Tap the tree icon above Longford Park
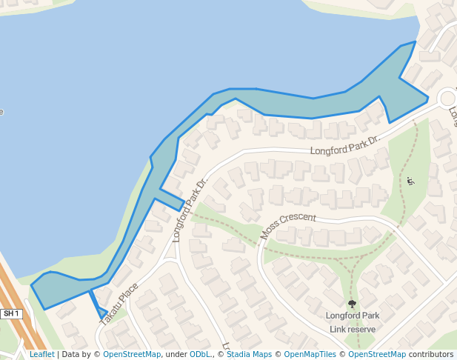pyautogui.click(x=352, y=304)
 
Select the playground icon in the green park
pyautogui.click(x=411, y=181)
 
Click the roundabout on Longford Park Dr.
pyautogui.click(x=447, y=97)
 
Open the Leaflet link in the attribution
pyautogui.click(x=41, y=354)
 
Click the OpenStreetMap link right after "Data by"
pyautogui.click(x=132, y=354)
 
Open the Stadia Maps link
pyautogui.click(x=249, y=354)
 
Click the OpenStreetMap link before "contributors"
pyautogui.click(x=377, y=354)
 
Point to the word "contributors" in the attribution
pyautogui.click(x=431, y=354)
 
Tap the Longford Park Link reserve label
pyautogui.click(x=353, y=322)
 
